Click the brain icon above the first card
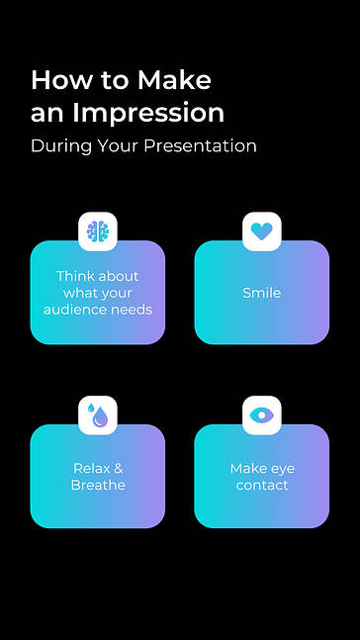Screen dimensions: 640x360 (x=97, y=231)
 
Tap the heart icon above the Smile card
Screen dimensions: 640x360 (x=261, y=231)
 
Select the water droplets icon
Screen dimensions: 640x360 (x=97, y=415)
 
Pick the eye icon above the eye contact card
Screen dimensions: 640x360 (x=261, y=415)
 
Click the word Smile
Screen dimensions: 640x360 (x=261, y=293)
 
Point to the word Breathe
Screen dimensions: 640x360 (x=98, y=486)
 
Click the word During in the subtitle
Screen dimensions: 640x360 (x=57, y=146)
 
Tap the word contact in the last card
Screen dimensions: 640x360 (x=262, y=486)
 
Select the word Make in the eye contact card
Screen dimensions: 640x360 (x=248, y=469)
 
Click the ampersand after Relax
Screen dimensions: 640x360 (x=118, y=469)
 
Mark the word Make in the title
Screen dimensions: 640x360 (x=174, y=79)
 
